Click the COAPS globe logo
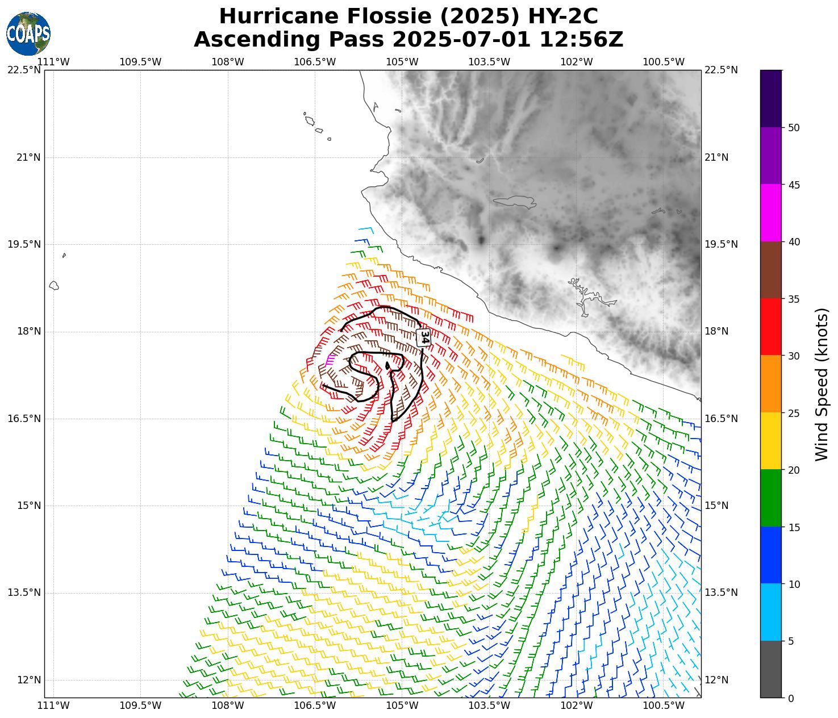pos(28,34)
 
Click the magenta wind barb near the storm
pos(329,359)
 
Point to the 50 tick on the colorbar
pos(794,127)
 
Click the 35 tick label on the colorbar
pos(794,299)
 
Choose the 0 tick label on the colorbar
pos(791,698)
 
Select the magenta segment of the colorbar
pos(771,213)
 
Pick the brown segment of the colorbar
pos(771,270)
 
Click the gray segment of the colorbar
pos(771,669)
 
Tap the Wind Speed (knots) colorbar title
pos(822,385)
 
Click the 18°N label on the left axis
pos(28,332)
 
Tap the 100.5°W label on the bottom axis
pos(664,706)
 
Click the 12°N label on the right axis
pos(716,680)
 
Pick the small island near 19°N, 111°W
pos(54,285)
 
